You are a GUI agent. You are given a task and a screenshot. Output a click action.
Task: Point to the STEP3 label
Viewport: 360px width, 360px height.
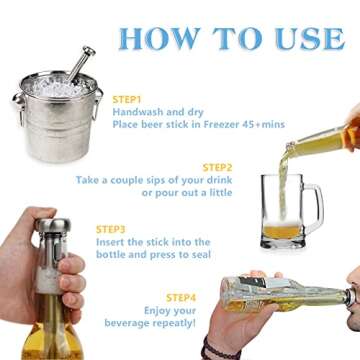pyautogui.click(x=111, y=229)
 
